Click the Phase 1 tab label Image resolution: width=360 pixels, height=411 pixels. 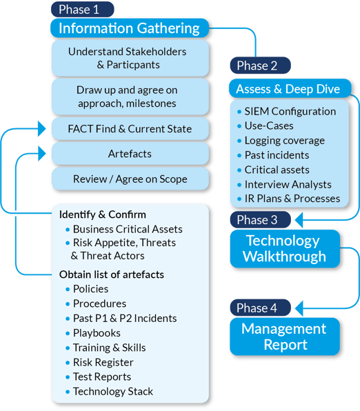(x=83, y=9)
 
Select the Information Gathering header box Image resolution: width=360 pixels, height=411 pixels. (x=129, y=28)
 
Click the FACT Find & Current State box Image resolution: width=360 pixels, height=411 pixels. (x=129, y=129)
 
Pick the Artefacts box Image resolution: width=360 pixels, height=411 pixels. (x=129, y=154)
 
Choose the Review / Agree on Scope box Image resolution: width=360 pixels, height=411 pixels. (x=129, y=179)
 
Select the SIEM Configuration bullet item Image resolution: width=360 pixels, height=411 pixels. (x=290, y=111)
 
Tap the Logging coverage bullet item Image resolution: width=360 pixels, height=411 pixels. (x=284, y=140)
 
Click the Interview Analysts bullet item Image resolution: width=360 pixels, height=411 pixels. (x=288, y=184)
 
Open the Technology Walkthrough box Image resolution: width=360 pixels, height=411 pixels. (x=284, y=249)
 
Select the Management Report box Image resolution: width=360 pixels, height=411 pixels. (x=284, y=336)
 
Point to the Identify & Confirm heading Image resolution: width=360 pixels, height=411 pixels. (x=103, y=214)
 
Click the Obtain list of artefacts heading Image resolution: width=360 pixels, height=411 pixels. (x=112, y=274)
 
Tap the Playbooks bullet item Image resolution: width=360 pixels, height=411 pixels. (x=97, y=333)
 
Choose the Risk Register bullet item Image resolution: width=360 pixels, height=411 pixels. (x=103, y=362)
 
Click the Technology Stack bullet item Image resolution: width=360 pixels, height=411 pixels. (x=112, y=391)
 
